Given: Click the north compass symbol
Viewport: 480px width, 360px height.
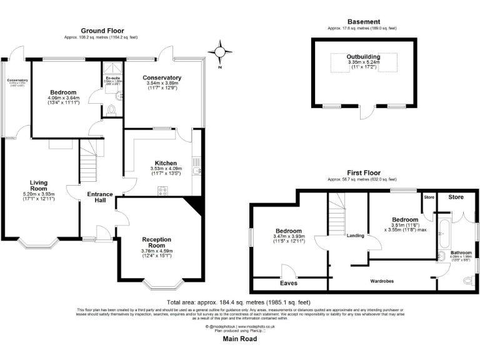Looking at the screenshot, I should (x=219, y=52).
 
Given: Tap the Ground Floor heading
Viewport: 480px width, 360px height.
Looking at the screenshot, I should (x=102, y=31).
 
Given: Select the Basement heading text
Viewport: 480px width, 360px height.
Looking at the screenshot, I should (x=362, y=22).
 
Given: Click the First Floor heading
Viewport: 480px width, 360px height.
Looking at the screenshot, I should (x=362, y=172).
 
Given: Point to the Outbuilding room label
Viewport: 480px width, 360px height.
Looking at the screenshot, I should (x=364, y=57).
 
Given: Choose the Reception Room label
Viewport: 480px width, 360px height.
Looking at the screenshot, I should (x=161, y=243).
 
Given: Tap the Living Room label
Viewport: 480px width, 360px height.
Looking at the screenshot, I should (x=39, y=186).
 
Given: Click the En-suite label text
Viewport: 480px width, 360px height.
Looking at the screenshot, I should (x=112, y=78).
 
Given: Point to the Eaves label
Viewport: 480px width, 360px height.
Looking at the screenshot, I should (x=289, y=282).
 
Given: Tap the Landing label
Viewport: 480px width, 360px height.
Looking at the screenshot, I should (x=356, y=236).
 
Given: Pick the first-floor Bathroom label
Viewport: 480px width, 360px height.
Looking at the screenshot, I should (x=461, y=252).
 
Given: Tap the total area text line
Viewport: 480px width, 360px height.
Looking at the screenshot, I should (x=239, y=302).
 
